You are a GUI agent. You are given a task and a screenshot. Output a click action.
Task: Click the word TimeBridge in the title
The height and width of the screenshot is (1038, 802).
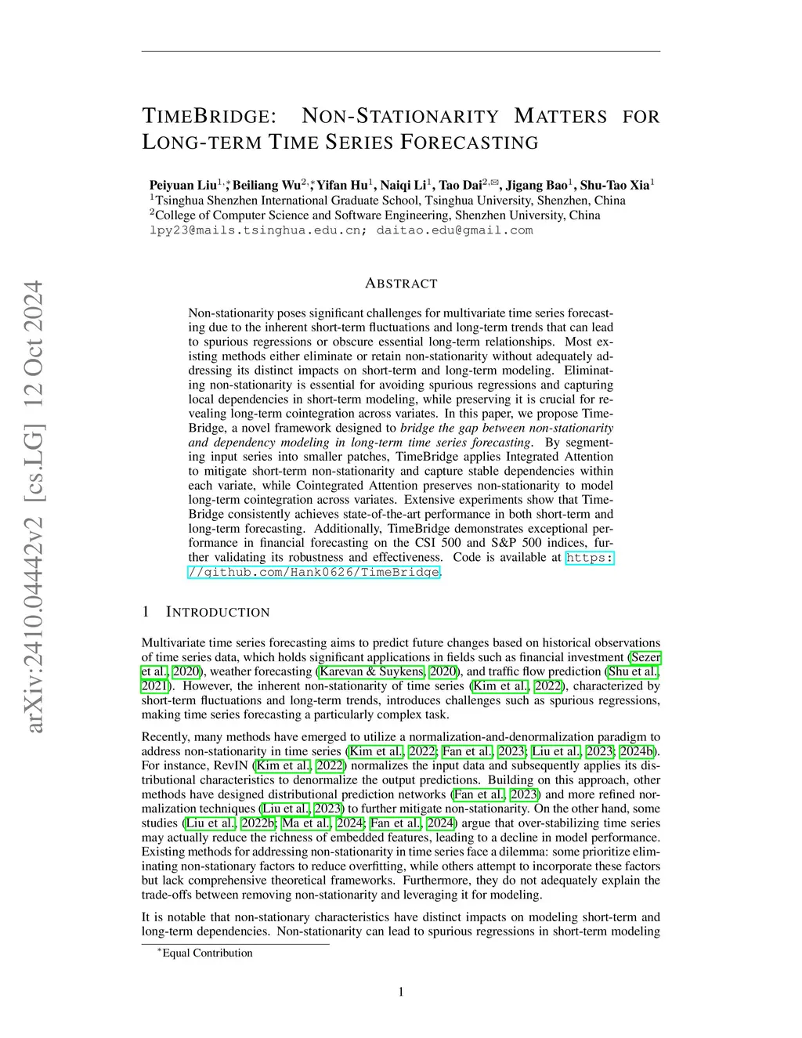point(209,117)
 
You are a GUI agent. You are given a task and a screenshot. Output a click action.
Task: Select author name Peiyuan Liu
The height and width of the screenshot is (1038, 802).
point(182,185)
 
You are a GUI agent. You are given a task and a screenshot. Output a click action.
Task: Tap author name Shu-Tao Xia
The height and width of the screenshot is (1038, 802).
point(614,185)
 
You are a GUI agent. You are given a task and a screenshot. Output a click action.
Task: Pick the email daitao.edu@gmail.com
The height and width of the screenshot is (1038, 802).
point(454,230)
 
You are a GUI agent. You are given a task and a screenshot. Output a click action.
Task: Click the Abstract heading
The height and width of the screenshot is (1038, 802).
point(401,284)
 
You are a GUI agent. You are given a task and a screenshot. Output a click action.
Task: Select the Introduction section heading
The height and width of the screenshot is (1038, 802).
point(217,612)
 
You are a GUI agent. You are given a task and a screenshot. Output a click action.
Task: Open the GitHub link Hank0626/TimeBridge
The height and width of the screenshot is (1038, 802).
point(313,572)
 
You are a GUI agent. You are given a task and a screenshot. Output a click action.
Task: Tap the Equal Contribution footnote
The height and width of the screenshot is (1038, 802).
point(207,953)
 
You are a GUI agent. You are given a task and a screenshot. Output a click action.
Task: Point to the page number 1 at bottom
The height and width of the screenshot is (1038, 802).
point(401,993)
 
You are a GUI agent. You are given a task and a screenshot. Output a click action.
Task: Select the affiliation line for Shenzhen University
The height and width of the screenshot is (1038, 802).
point(375,215)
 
